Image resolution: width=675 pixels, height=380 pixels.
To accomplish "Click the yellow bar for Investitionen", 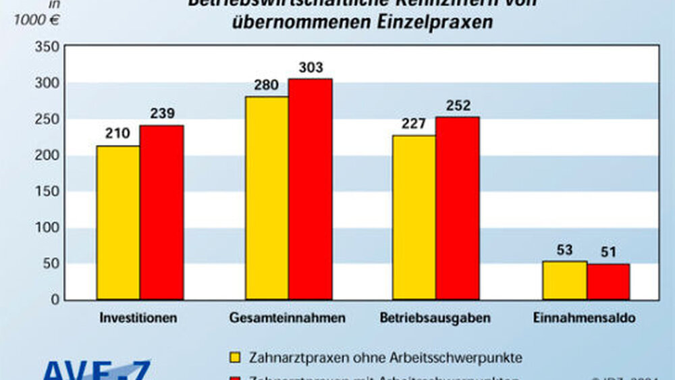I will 118,222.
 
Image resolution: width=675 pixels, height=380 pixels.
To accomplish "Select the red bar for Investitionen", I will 161,212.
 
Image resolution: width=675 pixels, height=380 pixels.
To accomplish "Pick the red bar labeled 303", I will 310,189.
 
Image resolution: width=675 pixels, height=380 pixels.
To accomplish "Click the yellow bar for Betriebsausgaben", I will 414,217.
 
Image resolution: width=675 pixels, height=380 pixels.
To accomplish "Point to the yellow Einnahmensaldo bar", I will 564,280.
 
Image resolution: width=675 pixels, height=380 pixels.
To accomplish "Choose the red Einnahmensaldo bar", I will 607,281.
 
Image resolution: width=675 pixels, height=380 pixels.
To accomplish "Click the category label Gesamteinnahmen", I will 288,317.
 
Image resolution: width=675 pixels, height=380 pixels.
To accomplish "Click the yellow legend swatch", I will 235,355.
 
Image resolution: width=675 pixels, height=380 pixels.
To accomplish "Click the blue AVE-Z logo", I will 94,371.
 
